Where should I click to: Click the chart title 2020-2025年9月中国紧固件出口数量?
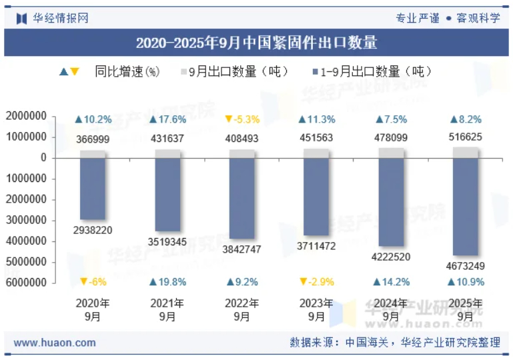[256, 43]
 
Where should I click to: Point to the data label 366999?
[93, 139]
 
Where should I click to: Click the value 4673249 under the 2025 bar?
[466, 266]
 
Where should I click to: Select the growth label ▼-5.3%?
[242, 119]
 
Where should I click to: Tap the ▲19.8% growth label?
[167, 282]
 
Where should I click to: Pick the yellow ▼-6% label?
[93, 282]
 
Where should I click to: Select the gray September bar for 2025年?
[466, 153]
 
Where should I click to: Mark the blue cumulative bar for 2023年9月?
[317, 197]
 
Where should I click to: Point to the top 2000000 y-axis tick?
[26, 116]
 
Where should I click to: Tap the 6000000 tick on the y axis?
[26, 283]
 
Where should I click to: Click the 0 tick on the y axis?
[43, 158]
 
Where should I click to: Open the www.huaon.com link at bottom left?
[55, 343]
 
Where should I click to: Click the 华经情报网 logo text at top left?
[60, 18]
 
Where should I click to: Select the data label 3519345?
[167, 241]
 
